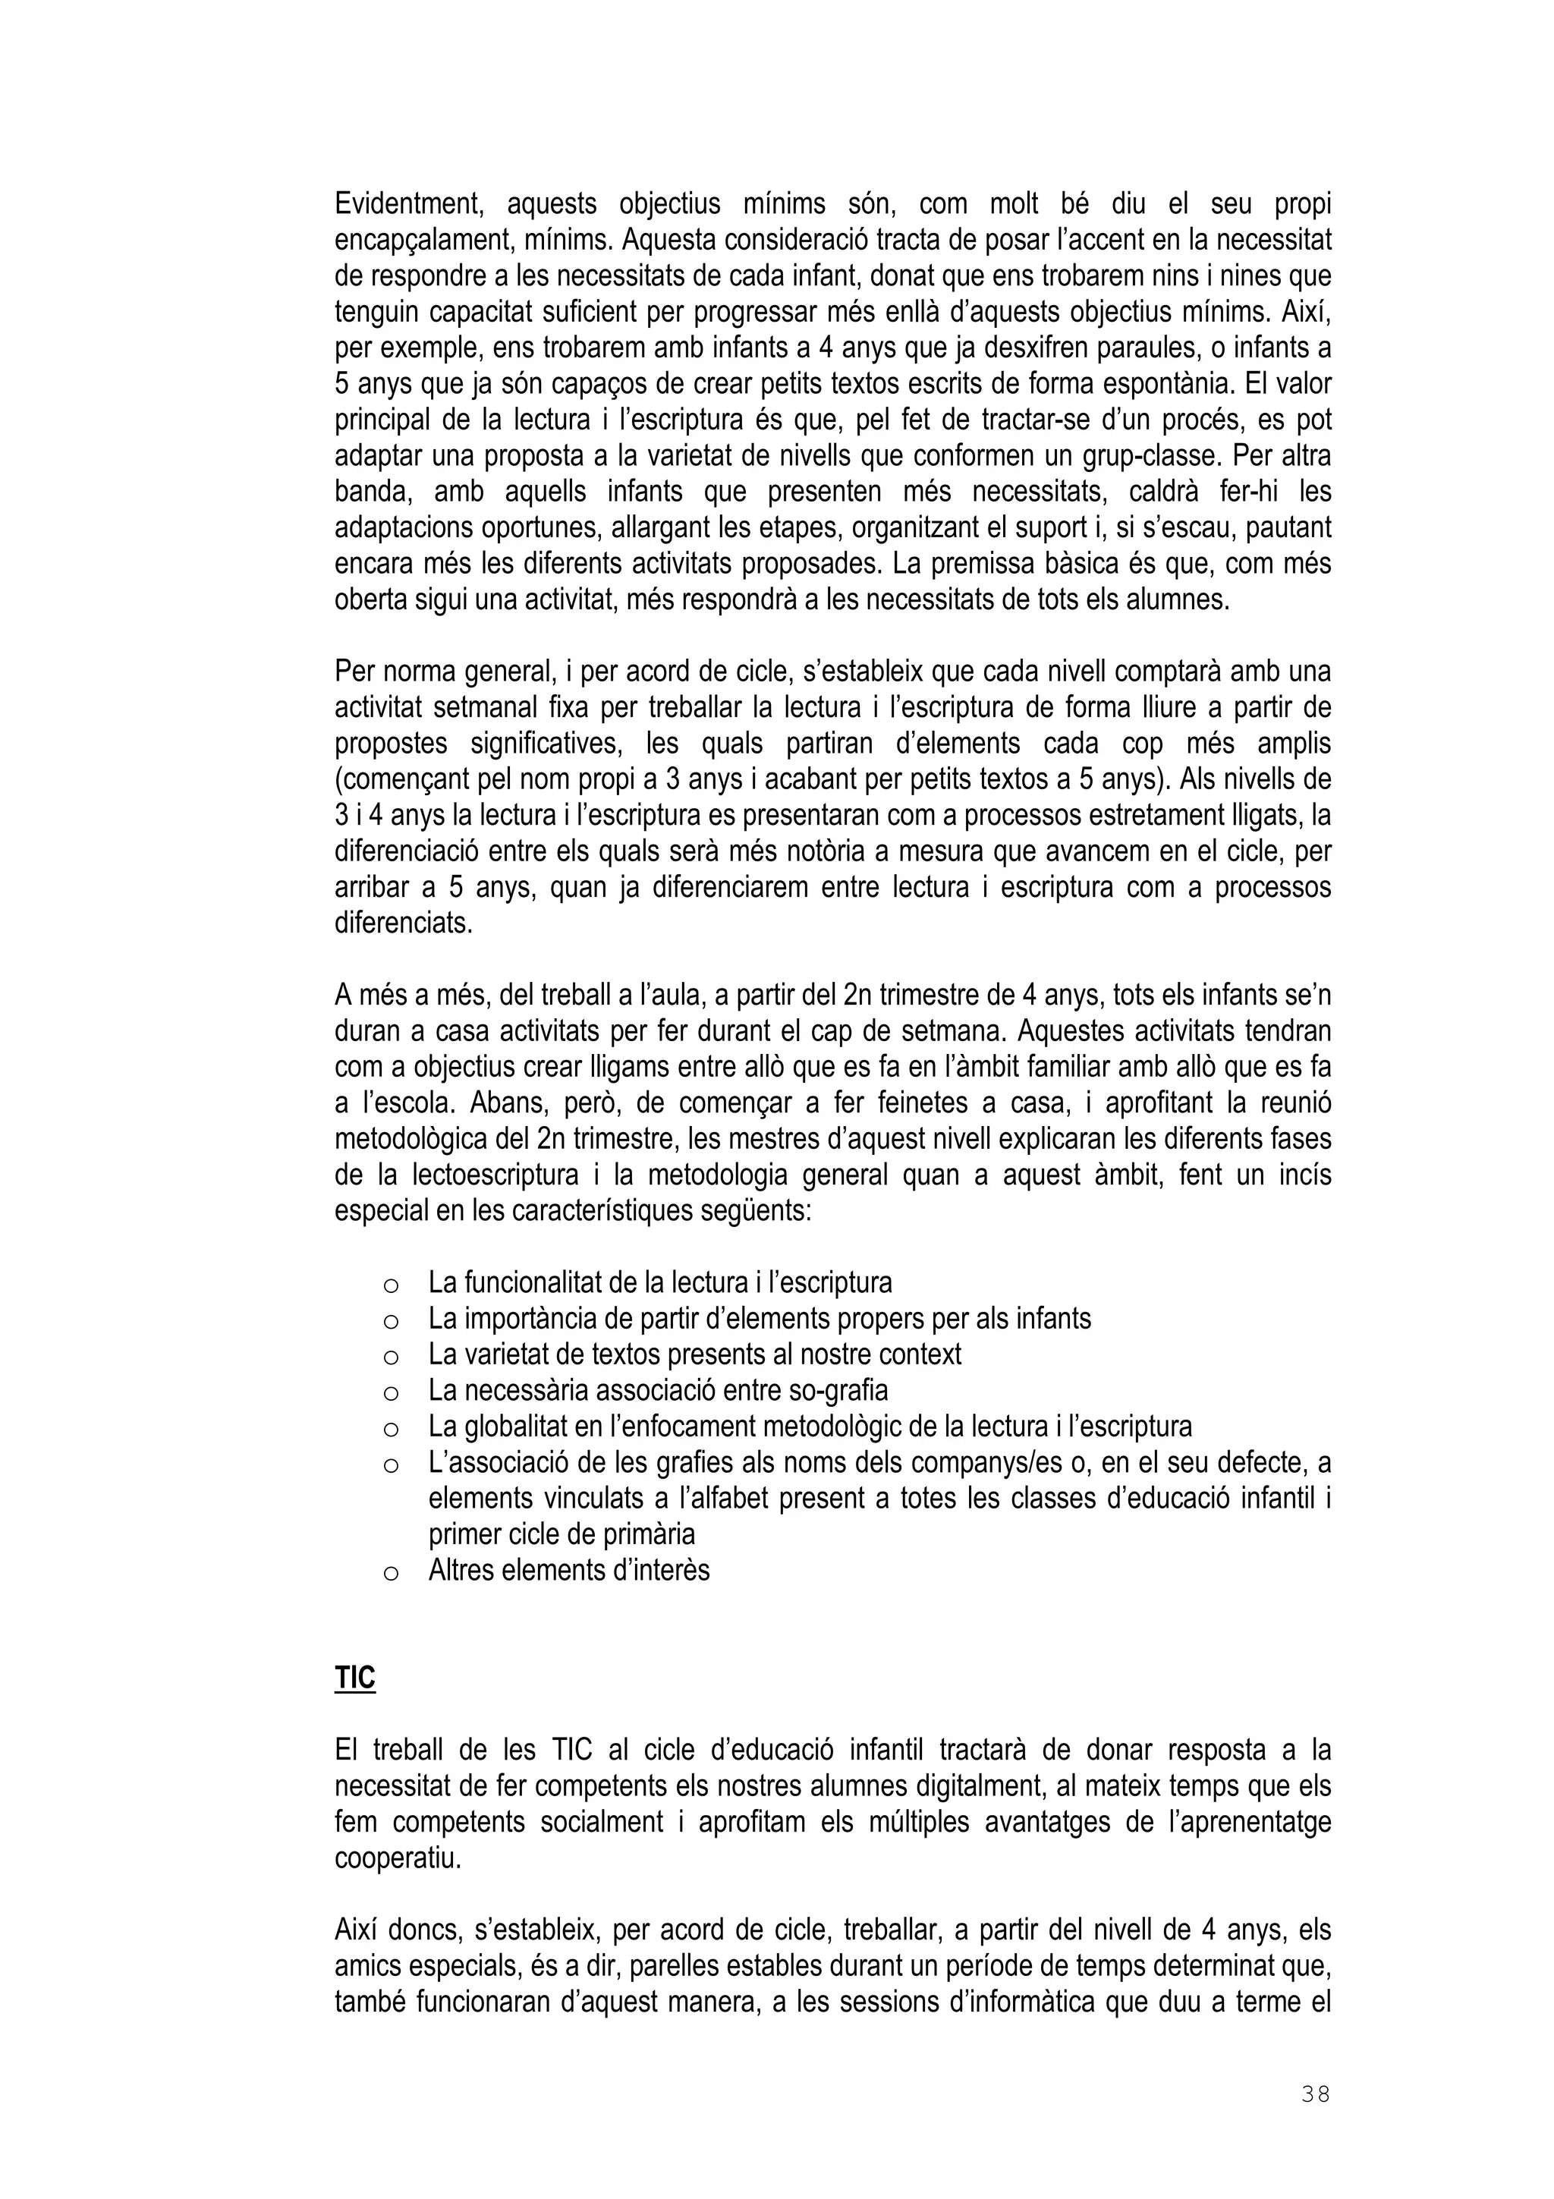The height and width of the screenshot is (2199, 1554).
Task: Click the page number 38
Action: click(1315, 2094)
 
